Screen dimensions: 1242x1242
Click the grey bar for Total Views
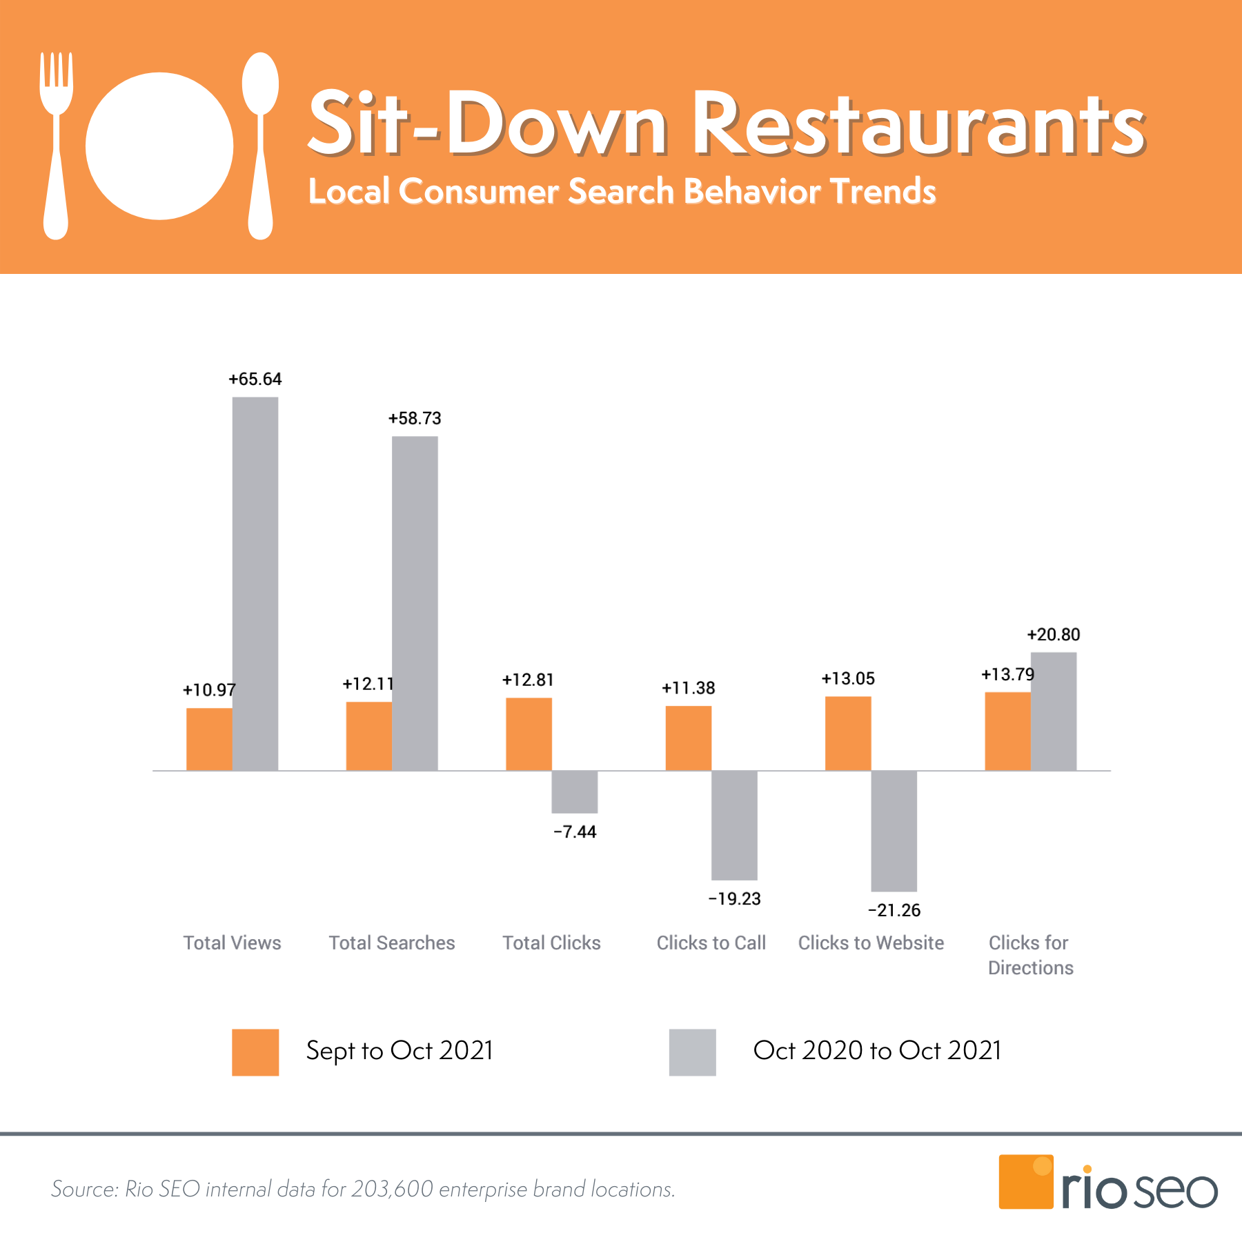point(255,583)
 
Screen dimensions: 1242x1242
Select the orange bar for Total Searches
point(368,736)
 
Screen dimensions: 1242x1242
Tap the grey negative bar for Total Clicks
point(574,791)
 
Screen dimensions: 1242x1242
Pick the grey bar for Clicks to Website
point(894,831)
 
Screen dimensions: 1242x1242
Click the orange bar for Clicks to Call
point(688,738)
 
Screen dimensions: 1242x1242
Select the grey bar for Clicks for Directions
point(1053,711)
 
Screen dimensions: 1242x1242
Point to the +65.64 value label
point(255,379)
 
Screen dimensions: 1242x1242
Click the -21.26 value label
point(894,910)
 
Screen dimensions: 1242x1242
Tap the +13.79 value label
point(1007,674)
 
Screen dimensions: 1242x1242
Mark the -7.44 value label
point(574,831)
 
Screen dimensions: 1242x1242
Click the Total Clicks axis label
point(551,943)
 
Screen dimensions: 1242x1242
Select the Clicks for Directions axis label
point(1030,955)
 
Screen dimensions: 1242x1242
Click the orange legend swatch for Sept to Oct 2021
point(255,1052)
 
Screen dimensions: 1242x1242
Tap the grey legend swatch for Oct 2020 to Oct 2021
point(692,1052)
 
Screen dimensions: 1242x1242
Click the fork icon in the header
point(56,145)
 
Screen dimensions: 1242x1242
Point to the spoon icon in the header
point(260,145)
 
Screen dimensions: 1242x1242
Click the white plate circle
point(159,146)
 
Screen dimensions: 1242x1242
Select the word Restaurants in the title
point(918,124)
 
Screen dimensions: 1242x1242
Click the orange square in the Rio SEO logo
point(1025,1181)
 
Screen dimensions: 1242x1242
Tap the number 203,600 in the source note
point(392,1189)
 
